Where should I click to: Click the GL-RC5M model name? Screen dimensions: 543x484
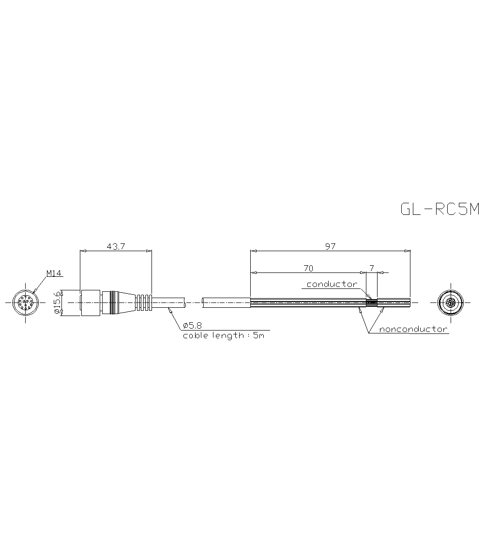click(x=439, y=209)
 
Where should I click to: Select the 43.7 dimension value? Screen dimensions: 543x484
click(x=116, y=246)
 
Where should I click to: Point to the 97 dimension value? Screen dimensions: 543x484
click(x=330, y=246)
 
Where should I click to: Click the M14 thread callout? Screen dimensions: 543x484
click(x=54, y=273)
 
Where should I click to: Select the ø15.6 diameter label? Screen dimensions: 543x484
click(x=57, y=302)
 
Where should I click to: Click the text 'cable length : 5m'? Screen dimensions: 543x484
click(x=224, y=335)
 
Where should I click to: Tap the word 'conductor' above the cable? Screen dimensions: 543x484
click(x=332, y=284)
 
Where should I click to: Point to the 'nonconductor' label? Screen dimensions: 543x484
click(x=413, y=330)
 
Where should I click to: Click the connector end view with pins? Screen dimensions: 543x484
click(x=24, y=302)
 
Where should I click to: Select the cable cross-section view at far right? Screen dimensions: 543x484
click(x=450, y=302)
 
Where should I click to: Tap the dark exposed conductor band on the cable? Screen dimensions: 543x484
click(x=371, y=302)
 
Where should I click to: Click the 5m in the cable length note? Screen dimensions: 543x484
click(x=258, y=335)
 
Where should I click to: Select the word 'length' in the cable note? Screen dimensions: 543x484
click(x=226, y=335)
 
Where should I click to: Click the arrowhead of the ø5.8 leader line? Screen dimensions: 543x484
click(x=169, y=309)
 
